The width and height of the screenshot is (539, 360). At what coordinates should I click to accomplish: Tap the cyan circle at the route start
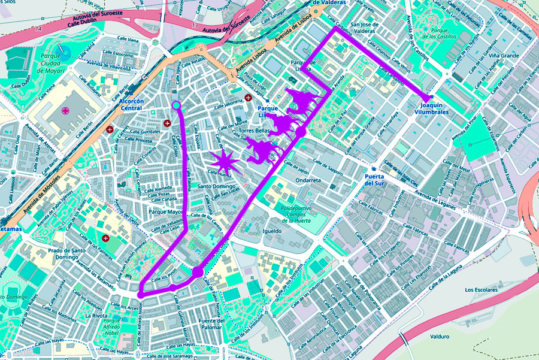click(176, 106)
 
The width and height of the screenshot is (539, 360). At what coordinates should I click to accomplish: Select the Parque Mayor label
click(165, 211)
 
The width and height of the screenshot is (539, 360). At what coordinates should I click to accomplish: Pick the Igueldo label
click(272, 231)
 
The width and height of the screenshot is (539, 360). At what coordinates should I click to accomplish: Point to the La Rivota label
click(96, 315)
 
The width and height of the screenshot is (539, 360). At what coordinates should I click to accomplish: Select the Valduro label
click(440, 336)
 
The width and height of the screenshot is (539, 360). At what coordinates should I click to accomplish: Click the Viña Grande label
click(503, 56)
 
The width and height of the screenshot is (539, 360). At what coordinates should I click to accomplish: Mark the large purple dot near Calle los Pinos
click(198, 273)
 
